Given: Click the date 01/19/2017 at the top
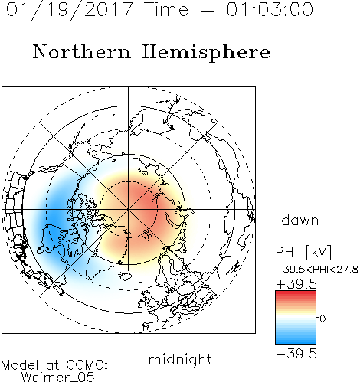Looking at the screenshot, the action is pos(69,10).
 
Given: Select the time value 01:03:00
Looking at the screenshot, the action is pos(270,9).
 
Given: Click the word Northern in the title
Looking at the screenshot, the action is pos(82,51).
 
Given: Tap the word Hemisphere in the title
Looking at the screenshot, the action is pos(206,53).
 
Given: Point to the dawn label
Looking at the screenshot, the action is pos(300,221).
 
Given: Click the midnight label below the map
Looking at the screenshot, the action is pos(180,361).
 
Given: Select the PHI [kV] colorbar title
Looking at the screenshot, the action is pos(304,252).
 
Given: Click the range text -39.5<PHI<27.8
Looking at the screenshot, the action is pos(317,270).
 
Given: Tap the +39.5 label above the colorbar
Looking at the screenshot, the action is pos(296,284).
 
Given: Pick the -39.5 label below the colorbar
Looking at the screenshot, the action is pos(296,354).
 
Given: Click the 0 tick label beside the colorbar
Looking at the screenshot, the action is pos(322,319).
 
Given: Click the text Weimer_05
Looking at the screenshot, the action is pos(58,378).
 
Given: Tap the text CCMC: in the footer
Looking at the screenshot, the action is pos(87,365).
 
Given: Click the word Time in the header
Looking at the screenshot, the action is pos(167,9).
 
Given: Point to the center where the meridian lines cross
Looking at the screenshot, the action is pos(129,210).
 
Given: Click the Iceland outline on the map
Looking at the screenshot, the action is pos(125,276).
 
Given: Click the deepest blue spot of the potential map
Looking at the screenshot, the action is pos(55,220).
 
